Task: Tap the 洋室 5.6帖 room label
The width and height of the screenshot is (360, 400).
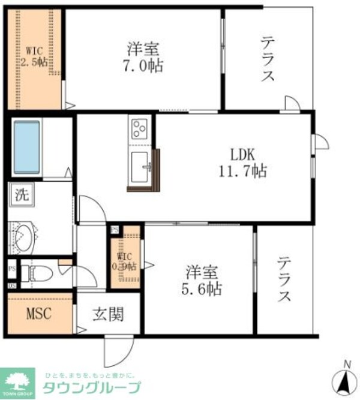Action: point(202,280)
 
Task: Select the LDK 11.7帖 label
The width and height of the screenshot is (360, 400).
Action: point(241,160)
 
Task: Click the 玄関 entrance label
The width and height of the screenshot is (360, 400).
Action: point(108,313)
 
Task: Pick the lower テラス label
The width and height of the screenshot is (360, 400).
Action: point(284,281)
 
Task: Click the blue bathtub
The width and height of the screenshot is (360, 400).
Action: point(27,147)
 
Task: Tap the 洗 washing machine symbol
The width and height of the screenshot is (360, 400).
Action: point(21,194)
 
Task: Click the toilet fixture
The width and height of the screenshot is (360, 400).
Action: point(37,273)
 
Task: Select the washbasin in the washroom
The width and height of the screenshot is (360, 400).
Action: point(24,238)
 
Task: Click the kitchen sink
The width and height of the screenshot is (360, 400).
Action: point(142,166)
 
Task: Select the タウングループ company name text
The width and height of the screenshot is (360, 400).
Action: point(91,386)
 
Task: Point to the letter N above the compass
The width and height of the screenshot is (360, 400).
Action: point(346,363)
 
